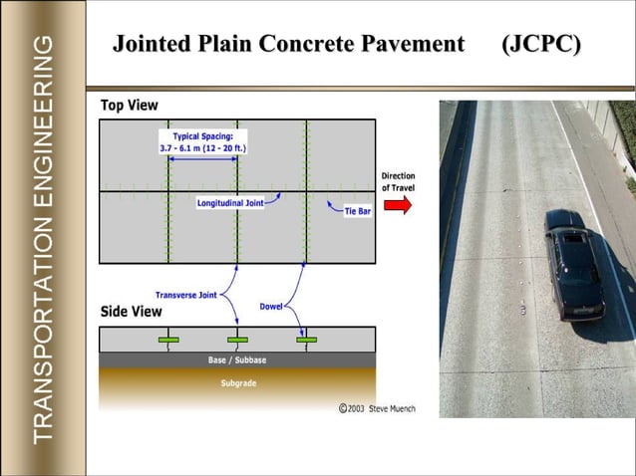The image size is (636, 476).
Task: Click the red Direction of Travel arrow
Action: coord(398,204)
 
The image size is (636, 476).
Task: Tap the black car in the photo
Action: coord(573,267)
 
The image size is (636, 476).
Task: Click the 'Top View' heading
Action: coord(130,105)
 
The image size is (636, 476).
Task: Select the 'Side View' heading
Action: coord(132,311)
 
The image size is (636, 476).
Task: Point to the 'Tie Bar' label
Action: coord(357,211)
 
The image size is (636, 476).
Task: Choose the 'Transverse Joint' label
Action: coord(185,295)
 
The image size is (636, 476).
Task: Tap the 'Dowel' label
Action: coord(271,306)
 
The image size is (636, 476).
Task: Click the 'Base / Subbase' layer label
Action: coord(237,359)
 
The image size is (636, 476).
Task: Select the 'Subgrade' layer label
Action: coord(237,383)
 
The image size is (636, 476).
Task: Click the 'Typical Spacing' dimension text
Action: coord(202,141)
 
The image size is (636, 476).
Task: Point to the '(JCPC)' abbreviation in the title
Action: coord(542,44)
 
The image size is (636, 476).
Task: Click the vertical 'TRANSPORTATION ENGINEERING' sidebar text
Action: coord(43,239)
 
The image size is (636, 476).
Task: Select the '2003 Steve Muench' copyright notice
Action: coord(377,408)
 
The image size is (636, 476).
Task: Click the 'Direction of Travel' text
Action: coord(398,181)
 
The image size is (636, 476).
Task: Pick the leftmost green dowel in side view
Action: coord(167,341)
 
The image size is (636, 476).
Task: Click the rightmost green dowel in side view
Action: coord(307,341)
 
